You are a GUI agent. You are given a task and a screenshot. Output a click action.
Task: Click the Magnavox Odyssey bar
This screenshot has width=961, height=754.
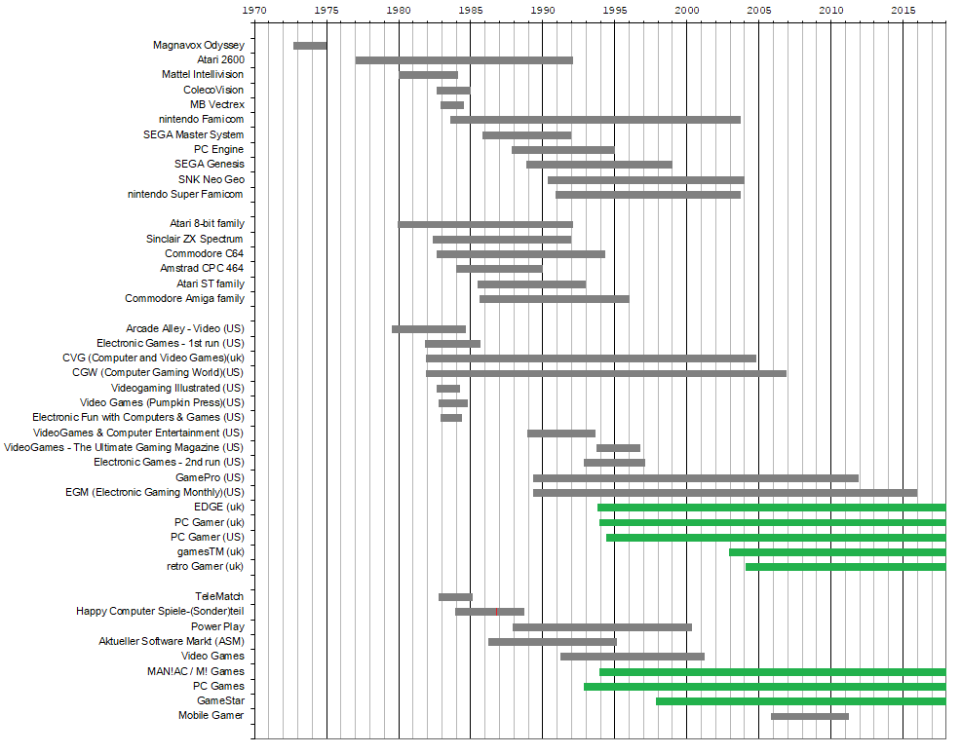[x=310, y=46]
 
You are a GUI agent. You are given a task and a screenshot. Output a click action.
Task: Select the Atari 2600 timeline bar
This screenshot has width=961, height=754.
[x=464, y=60]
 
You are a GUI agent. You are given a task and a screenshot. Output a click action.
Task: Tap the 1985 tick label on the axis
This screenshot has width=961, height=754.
[x=471, y=10]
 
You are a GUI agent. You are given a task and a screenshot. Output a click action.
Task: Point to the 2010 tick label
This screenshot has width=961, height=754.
[x=830, y=10]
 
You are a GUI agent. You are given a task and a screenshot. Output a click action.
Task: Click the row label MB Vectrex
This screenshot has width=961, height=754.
[x=217, y=104]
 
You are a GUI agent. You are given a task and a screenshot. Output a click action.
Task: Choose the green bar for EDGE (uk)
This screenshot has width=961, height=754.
[x=771, y=508]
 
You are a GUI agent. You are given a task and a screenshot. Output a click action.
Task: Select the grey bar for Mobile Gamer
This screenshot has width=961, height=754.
[x=809, y=716]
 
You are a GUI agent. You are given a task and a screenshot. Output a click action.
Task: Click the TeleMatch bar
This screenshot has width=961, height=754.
[x=455, y=596]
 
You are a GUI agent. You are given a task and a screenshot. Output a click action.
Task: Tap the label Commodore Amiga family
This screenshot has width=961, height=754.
[x=185, y=298]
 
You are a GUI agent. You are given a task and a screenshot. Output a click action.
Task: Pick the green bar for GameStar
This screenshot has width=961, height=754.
[x=800, y=701]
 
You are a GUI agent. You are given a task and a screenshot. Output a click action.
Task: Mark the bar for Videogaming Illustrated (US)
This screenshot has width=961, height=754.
[x=448, y=388]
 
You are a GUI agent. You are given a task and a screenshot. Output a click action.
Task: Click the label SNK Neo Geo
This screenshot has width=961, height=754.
[x=211, y=179]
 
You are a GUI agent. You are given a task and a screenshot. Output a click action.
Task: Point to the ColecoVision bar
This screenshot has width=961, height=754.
[x=453, y=91]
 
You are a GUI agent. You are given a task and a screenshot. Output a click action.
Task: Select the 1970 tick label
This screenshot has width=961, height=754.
[x=254, y=10]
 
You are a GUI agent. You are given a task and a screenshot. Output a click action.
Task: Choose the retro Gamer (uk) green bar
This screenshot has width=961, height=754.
[x=845, y=567]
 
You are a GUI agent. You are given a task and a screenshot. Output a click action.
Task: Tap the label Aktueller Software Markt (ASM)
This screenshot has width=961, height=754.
[x=172, y=641]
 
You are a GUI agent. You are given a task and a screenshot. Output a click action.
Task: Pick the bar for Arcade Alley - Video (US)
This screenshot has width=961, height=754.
[x=429, y=329]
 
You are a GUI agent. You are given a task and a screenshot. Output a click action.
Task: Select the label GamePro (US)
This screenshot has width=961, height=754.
[x=210, y=477]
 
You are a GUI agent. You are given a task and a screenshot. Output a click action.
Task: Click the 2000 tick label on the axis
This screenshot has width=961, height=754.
[x=686, y=10]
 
